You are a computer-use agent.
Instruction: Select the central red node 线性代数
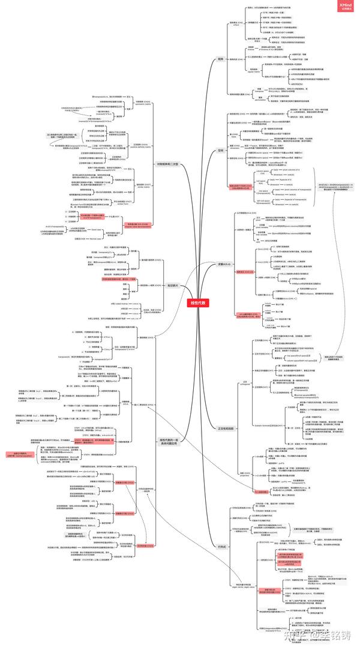pos(196,303)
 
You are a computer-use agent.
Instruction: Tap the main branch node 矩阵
pos(220,60)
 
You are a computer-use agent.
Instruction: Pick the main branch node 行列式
pos(221,546)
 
